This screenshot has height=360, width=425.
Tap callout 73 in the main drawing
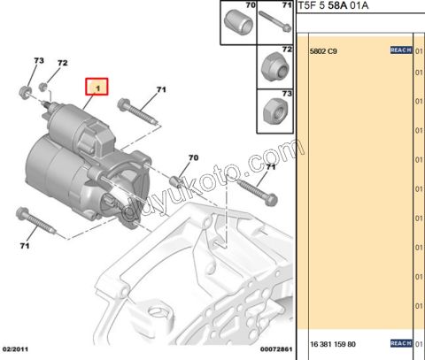(x=38, y=60)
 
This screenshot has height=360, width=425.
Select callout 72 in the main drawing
(x=63, y=64)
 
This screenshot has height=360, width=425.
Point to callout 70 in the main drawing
(x=194, y=157)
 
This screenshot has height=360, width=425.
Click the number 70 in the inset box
(x=225, y=6)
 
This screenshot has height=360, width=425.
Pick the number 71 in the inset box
(x=286, y=6)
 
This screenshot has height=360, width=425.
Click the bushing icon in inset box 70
(x=238, y=24)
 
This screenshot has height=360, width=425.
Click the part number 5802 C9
(x=322, y=51)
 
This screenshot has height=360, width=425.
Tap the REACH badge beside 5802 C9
(x=401, y=51)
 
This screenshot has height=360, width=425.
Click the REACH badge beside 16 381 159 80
(x=401, y=343)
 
